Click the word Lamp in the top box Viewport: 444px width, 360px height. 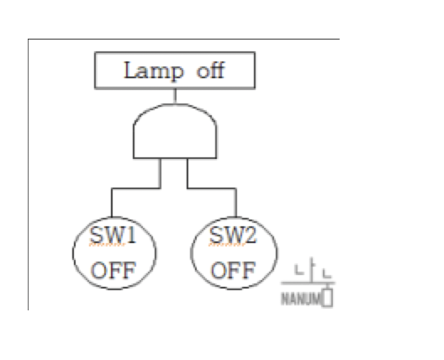pos(154,71)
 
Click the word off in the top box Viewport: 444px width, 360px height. pos(211,70)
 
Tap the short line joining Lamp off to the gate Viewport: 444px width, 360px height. pos(175,96)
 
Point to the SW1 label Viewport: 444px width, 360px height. pos(113,235)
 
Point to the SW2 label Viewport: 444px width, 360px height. pos(233,235)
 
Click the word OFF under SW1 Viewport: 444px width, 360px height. pos(114,271)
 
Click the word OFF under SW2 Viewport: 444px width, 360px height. pos(233,271)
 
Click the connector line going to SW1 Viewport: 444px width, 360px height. pos(136,188)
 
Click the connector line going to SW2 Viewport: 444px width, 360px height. pos(212,188)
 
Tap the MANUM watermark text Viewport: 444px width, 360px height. pos(301,299)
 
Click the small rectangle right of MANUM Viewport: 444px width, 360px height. pos(328,298)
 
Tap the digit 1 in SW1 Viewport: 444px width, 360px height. pos(131,235)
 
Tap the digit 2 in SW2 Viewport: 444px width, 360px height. pos(251,235)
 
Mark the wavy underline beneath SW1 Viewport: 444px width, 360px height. pos(107,245)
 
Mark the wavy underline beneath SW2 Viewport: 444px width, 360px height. pos(227,245)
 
